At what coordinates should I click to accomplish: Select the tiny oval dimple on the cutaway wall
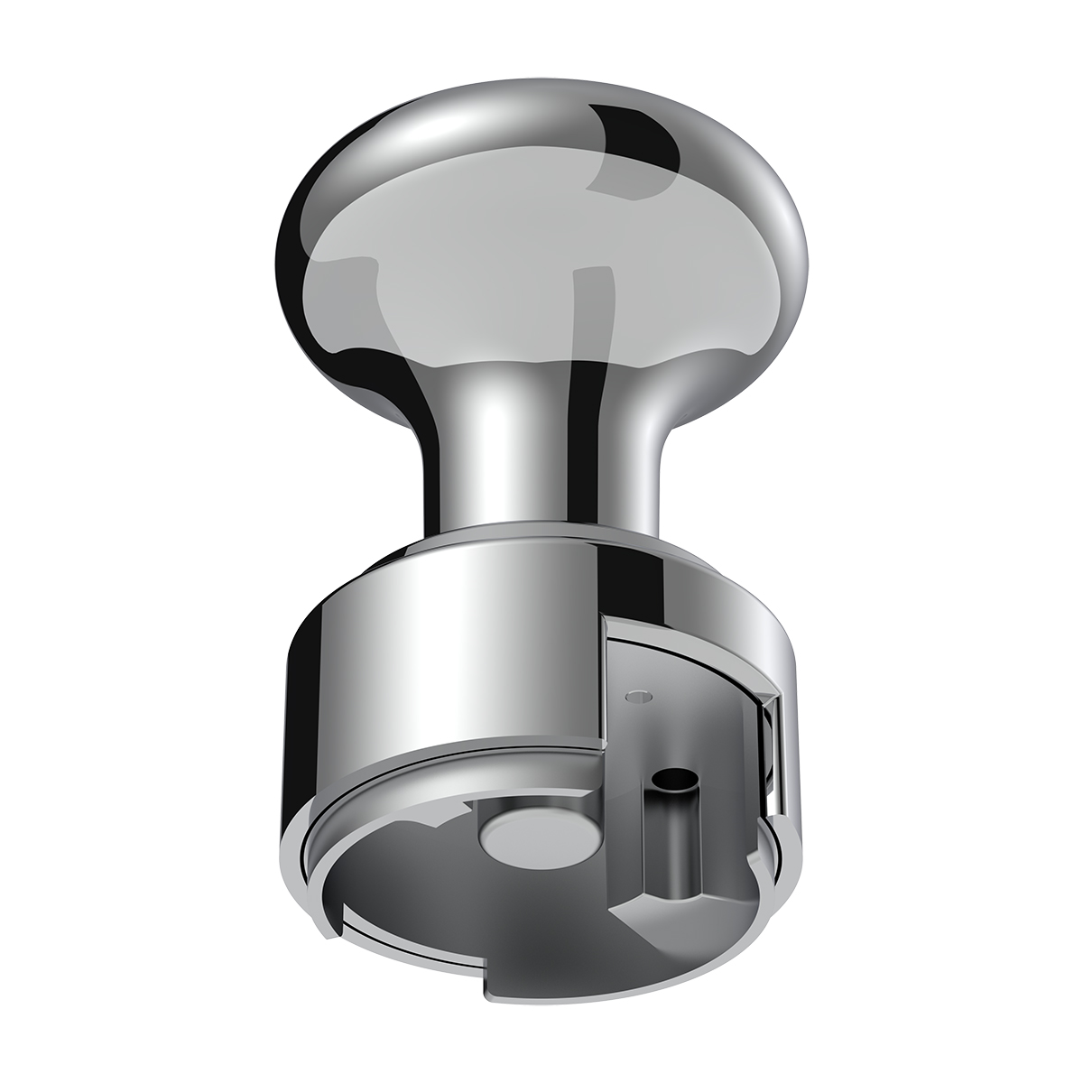pos(641,696)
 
